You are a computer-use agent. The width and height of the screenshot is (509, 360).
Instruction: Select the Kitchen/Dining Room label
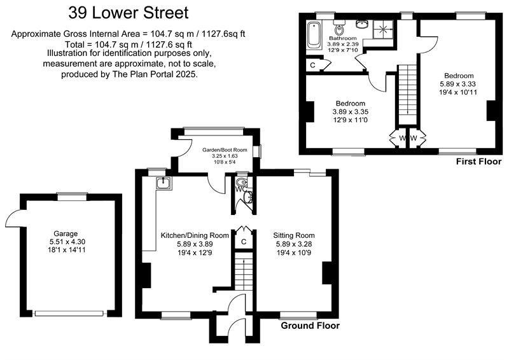point(195,235)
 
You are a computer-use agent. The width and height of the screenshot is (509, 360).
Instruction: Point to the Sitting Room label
point(293,235)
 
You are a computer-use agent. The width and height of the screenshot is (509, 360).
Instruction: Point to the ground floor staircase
point(241,271)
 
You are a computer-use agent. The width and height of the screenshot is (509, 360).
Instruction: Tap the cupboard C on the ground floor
point(243,242)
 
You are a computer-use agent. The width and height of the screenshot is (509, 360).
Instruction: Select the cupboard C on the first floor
point(313,65)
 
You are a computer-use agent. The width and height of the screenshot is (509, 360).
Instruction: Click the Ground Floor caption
point(310,326)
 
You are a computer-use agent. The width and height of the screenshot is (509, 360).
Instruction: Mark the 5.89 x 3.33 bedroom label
point(457,83)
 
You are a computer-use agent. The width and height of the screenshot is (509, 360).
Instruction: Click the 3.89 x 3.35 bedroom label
point(350,111)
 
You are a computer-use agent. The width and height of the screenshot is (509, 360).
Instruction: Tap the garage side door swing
point(13,219)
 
